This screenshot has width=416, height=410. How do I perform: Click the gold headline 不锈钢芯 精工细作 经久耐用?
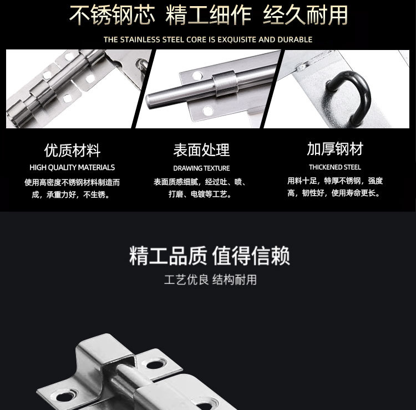pos(208,15)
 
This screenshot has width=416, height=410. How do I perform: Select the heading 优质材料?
pos(72,150)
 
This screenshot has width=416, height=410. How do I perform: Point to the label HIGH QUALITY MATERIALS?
pos(72,167)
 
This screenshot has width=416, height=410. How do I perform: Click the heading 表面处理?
pos(201,150)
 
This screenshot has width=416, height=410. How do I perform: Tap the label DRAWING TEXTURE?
pos(201,168)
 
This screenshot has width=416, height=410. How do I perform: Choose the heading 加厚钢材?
pos(335,148)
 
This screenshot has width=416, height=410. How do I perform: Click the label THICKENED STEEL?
pos(335,167)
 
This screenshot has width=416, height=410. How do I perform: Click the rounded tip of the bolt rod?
pos(150,101)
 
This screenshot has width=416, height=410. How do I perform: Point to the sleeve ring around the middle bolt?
pos(225,83)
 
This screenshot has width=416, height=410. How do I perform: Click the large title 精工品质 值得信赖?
pos(210,256)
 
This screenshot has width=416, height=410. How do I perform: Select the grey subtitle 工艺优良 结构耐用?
pos(210,280)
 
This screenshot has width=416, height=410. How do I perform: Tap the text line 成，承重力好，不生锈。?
pos(70,195)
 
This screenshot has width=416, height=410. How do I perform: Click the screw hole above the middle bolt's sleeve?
pos(197,76)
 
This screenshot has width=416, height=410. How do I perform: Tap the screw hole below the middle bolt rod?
pos(208,111)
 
